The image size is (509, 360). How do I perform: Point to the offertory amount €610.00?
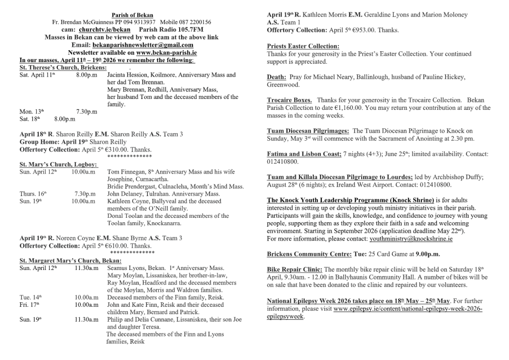(115, 246)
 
